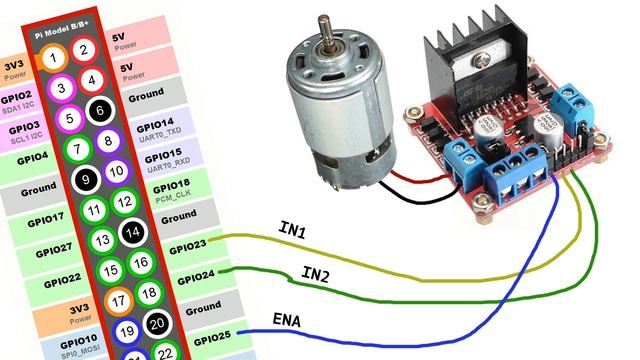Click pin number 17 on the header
[118, 299]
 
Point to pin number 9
[86, 179]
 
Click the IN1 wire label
[292, 231]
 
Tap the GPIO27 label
[44, 248]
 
